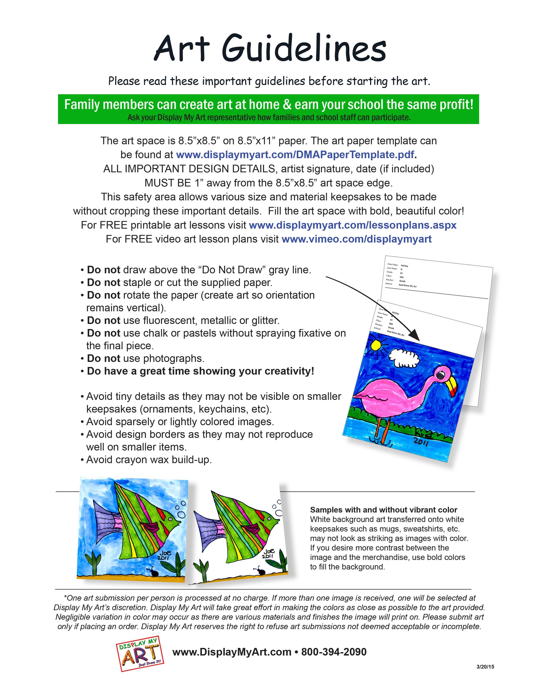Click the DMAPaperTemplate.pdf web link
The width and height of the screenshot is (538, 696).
click(x=295, y=155)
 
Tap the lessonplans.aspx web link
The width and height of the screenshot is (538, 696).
click(x=353, y=225)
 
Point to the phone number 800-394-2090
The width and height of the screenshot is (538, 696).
click(x=334, y=652)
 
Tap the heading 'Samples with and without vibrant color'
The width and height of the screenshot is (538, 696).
click(x=383, y=510)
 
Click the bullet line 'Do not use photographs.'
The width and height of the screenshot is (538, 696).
click(x=145, y=359)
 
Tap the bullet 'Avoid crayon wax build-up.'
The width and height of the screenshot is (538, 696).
click(x=149, y=460)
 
